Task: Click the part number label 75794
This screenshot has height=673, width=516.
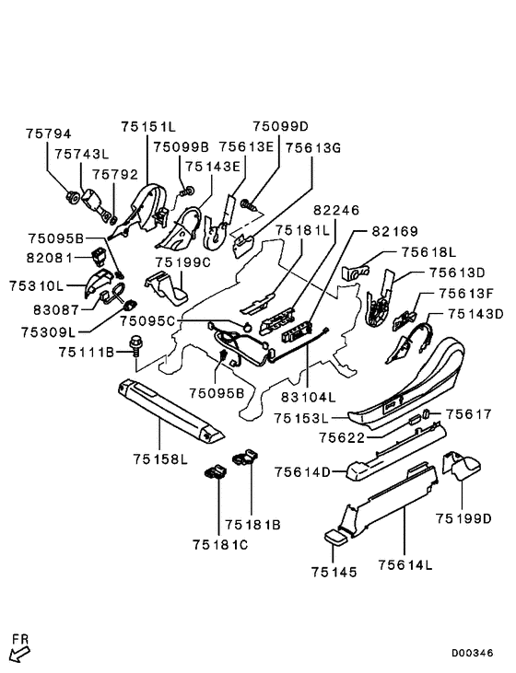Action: [48, 133]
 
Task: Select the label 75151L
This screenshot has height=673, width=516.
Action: [148, 127]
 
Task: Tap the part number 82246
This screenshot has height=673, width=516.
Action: [336, 210]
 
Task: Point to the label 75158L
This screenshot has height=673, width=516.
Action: [160, 459]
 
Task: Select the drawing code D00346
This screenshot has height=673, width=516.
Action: [472, 653]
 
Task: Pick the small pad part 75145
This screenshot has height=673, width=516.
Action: [335, 538]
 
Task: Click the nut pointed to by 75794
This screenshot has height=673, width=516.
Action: [72, 197]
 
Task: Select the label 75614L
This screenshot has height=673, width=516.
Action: [405, 565]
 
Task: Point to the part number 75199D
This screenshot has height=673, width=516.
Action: [463, 518]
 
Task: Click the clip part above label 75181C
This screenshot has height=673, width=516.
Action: [216, 472]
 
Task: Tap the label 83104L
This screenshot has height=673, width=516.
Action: [308, 398]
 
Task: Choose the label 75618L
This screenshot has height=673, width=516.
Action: [428, 252]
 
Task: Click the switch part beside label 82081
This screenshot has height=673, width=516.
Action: [100, 256]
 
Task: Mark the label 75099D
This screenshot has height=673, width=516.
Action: [280, 126]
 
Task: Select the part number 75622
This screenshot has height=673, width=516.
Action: [342, 438]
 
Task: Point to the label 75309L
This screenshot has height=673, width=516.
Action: [48, 332]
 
